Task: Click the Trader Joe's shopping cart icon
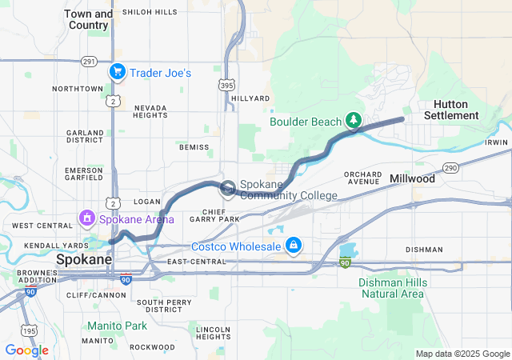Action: click(x=118, y=72)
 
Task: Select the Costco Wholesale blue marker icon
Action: click(x=294, y=244)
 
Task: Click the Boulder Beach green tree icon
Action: click(x=353, y=122)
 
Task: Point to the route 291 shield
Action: click(x=89, y=62)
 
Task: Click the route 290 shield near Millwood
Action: click(x=450, y=167)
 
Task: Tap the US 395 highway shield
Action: click(x=229, y=84)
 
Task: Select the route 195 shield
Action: click(x=30, y=330)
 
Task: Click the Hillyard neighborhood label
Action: click(x=250, y=98)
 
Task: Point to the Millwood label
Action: click(x=412, y=179)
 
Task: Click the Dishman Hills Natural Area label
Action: click(x=391, y=288)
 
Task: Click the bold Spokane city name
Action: click(x=83, y=261)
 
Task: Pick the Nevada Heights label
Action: click(x=150, y=111)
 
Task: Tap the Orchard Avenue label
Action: click(x=362, y=178)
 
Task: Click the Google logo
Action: click(x=26, y=350)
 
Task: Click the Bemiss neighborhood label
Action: click(x=194, y=147)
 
